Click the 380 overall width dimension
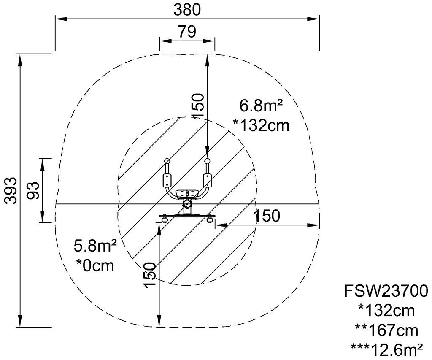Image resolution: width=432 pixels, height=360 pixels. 187,10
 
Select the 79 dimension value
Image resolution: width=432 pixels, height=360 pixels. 187,31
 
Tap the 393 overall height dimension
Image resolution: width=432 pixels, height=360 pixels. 11,190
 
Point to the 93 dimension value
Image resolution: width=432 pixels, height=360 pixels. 33,190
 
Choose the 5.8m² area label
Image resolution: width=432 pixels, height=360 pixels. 95,246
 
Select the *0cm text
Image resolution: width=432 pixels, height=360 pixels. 95,265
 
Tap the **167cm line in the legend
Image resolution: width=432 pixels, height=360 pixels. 386,330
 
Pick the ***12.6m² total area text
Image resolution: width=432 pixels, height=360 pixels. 386,350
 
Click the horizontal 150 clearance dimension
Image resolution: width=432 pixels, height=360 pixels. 267,216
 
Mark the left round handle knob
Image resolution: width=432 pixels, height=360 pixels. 166,161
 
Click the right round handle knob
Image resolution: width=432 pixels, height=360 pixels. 208,161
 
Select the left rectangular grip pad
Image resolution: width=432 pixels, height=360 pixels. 167,180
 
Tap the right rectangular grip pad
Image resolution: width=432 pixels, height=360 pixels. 207,180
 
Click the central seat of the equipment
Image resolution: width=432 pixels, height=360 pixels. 187,194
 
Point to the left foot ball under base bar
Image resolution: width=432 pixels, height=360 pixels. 165,220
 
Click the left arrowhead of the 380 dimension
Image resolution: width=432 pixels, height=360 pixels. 61,19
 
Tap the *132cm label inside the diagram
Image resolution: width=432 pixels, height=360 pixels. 261,125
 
